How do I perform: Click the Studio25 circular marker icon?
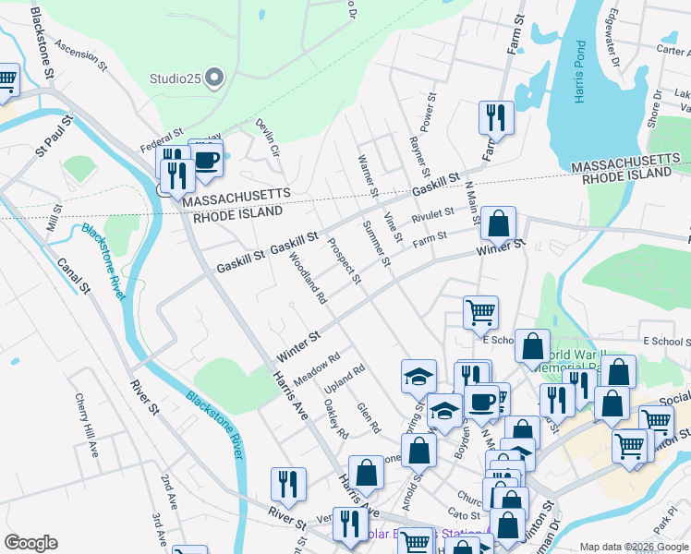215,78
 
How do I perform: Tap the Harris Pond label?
580,72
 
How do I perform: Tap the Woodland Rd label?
309,278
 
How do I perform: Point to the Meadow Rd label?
317,368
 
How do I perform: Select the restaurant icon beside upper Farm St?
496,117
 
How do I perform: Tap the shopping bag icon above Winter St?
498,223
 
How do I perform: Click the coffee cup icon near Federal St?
206,158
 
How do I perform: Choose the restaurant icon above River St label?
288,484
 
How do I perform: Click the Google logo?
30,543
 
